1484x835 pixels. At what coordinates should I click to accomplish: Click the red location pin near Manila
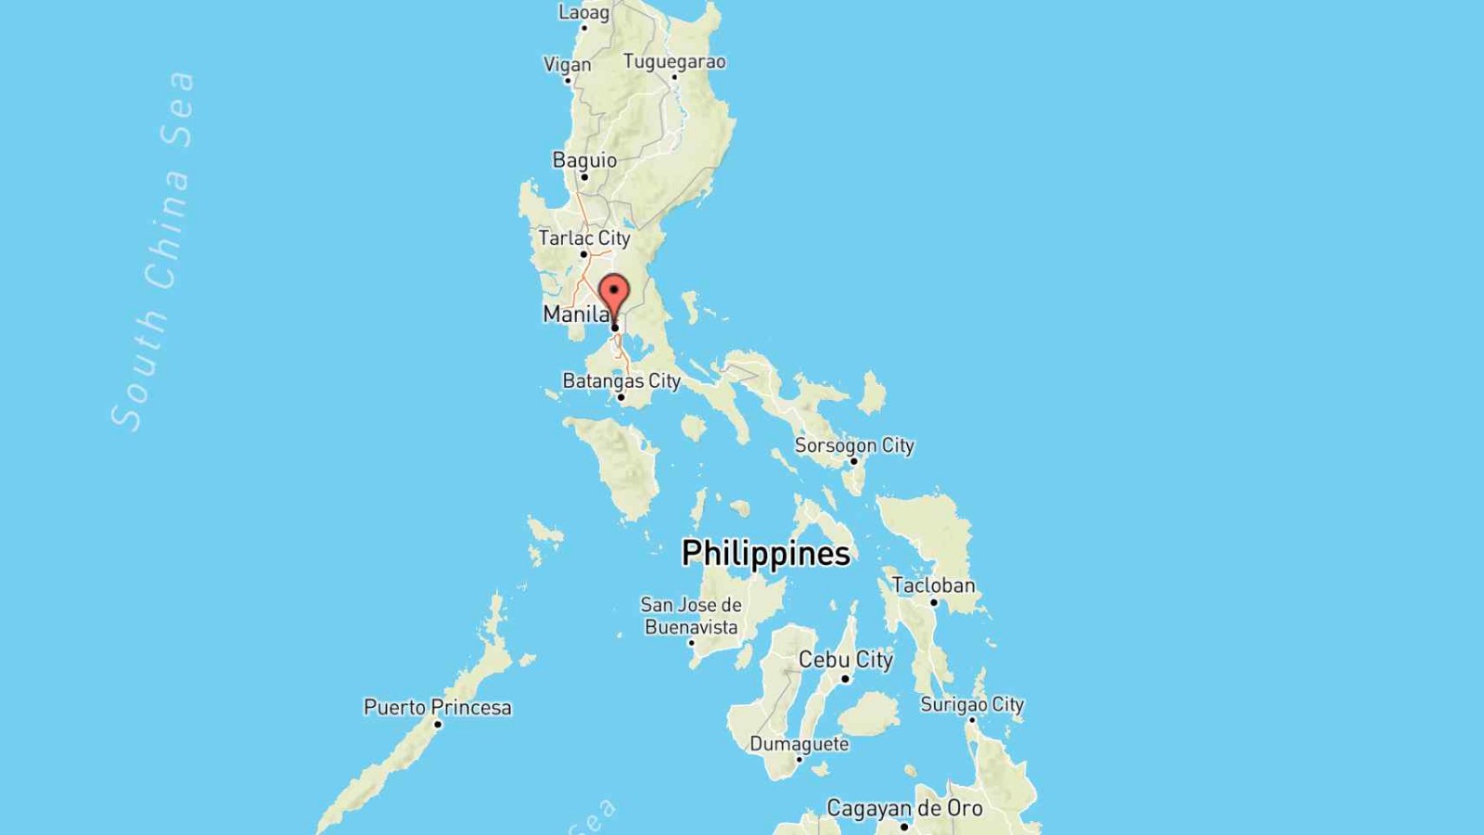[614, 294]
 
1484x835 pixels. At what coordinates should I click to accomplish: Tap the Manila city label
[573, 315]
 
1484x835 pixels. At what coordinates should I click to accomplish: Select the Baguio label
[584, 161]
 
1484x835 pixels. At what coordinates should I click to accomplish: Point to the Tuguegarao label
[674, 62]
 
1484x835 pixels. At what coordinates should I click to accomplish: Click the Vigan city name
[567, 65]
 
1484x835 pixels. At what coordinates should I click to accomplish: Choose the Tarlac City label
[584, 238]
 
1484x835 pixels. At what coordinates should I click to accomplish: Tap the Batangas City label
[621, 381]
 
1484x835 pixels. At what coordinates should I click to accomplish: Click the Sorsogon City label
[854, 445]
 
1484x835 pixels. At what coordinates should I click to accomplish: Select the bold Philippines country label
[765, 554]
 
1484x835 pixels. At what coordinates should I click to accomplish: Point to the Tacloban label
[933, 585]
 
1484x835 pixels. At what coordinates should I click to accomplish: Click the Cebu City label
[846, 660]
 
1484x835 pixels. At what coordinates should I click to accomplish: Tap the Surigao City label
[972, 704]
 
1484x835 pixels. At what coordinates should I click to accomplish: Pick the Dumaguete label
[799, 744]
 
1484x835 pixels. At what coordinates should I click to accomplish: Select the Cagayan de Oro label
[904, 808]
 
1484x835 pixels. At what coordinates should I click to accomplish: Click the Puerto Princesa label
[437, 707]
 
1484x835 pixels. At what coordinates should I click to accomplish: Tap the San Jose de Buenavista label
[691, 616]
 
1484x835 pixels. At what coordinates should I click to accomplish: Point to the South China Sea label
[155, 250]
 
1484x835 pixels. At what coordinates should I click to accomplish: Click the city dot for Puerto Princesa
[438, 724]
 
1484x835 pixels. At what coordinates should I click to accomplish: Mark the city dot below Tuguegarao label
[674, 77]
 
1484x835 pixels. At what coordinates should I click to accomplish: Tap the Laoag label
[583, 13]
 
